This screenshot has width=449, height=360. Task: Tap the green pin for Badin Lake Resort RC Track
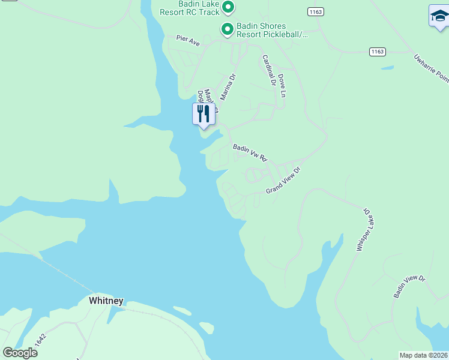coord(228,7)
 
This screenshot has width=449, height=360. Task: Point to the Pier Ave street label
coord(188,40)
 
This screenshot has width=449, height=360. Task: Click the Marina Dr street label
coord(229,86)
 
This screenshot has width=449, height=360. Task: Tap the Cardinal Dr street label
coord(268,71)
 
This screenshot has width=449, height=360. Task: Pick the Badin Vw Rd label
coord(250,152)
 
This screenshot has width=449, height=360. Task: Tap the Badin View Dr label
coord(409,287)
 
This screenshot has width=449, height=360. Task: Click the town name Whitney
coord(106,301)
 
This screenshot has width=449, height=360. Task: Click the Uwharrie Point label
coord(431,68)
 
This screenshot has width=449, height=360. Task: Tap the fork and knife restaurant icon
coord(203,113)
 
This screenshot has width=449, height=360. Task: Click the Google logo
coord(20,353)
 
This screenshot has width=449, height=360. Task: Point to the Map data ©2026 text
coord(423,355)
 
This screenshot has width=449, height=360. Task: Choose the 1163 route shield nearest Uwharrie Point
coord(378,52)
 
